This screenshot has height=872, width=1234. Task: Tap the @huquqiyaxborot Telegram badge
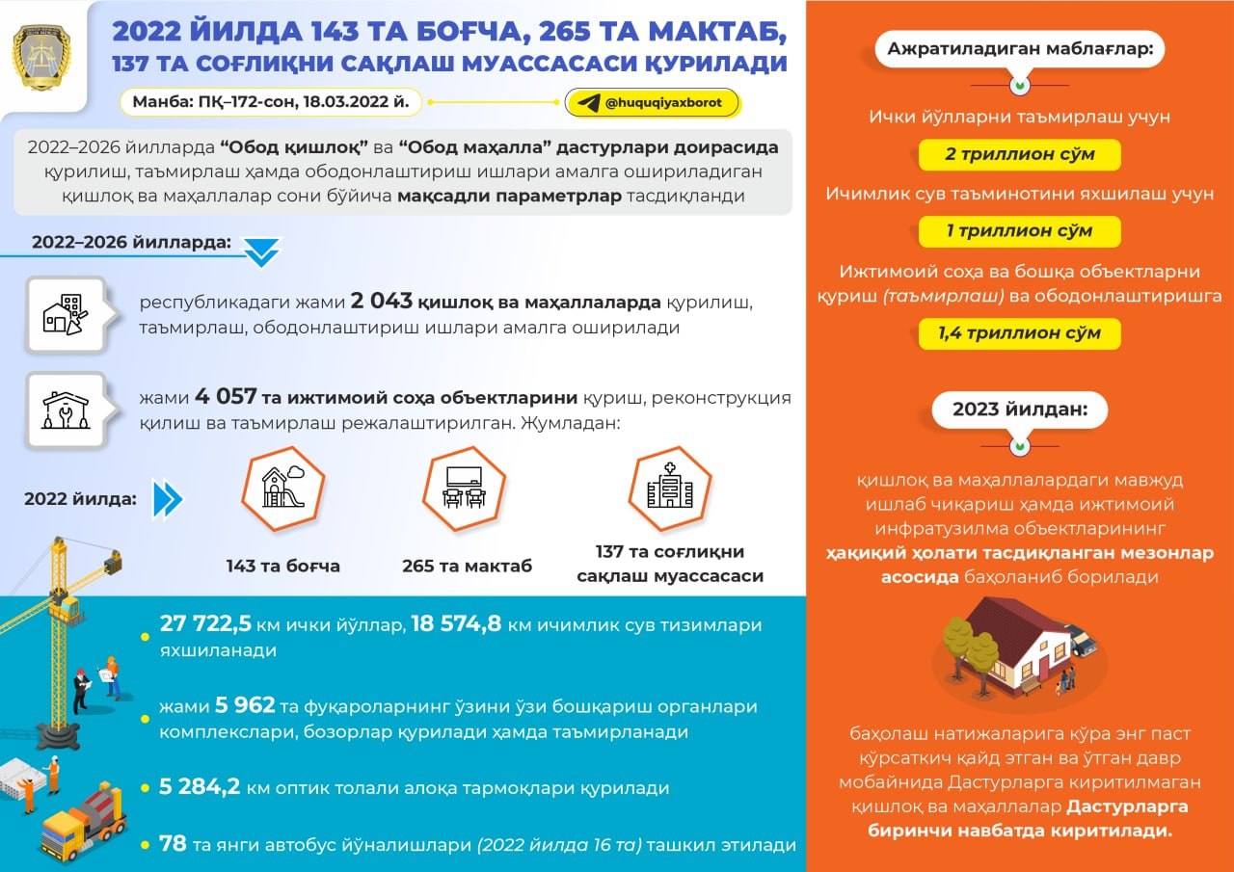click(x=652, y=103)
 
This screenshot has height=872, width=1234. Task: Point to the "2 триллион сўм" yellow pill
click(x=1019, y=154)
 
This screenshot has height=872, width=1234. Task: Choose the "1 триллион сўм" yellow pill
click(x=1019, y=231)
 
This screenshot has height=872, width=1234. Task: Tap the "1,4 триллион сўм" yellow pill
click(x=1019, y=333)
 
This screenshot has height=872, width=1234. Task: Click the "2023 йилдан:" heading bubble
click(x=1019, y=410)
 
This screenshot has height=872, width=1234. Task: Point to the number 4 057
click(x=226, y=396)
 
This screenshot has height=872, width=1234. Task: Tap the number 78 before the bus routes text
click(x=173, y=844)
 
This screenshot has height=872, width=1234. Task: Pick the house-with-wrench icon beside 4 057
click(x=66, y=410)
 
